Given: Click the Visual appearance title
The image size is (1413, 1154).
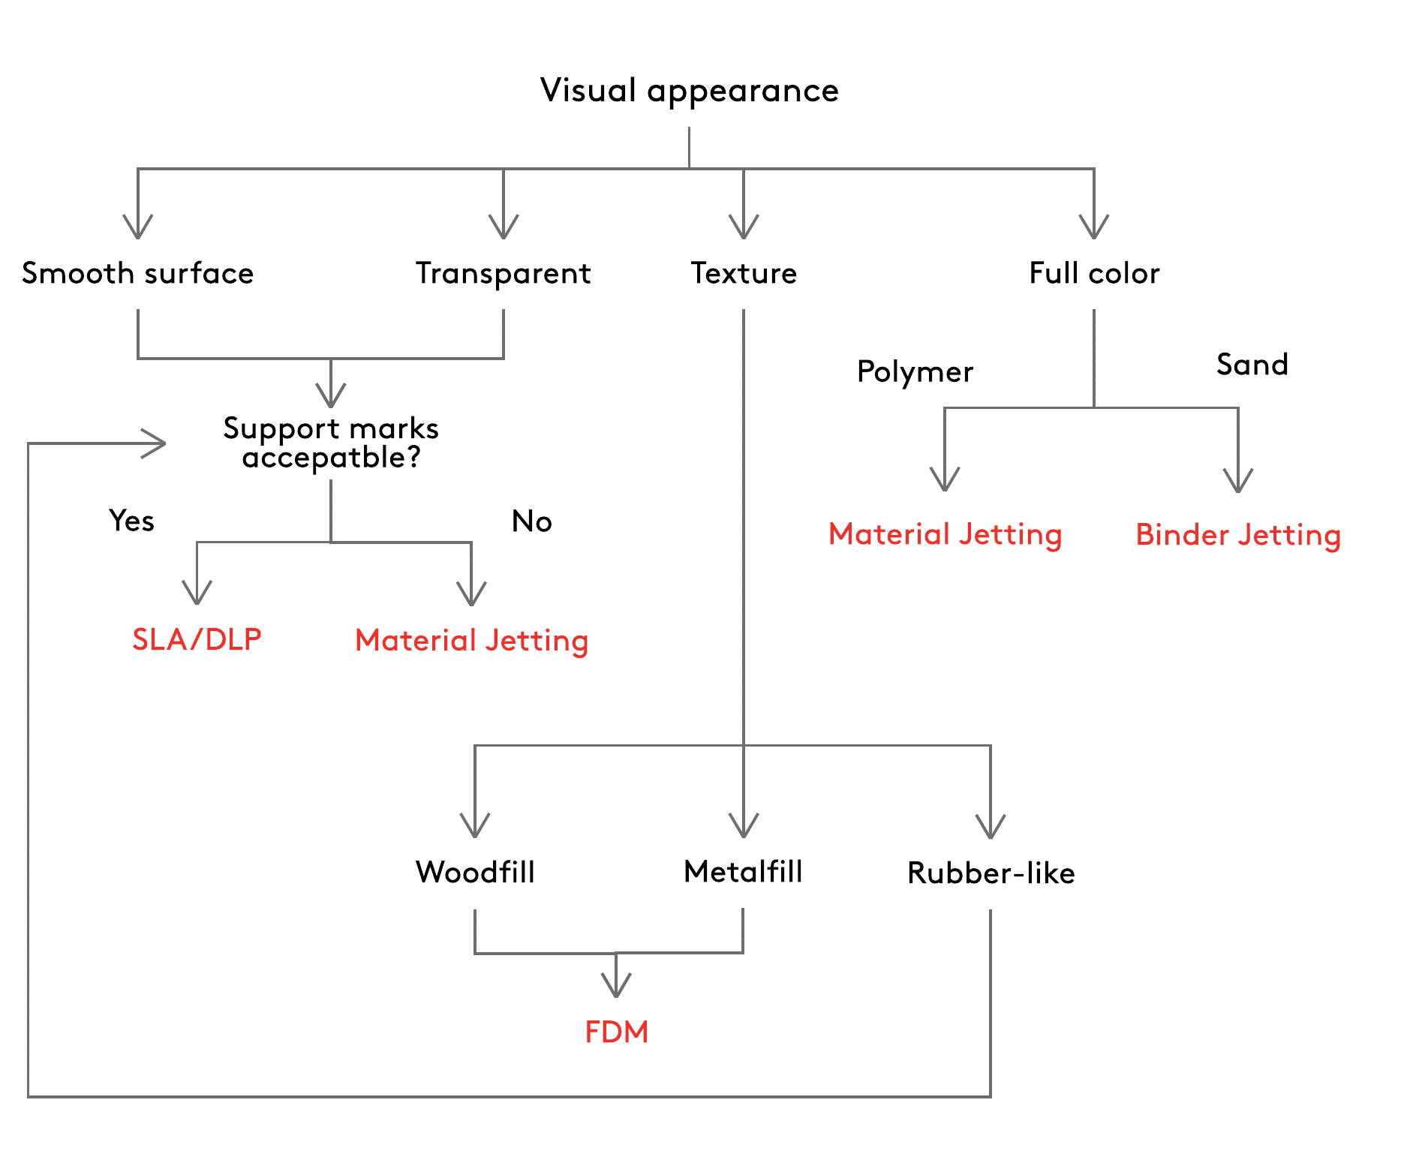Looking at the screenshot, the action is click(x=689, y=92).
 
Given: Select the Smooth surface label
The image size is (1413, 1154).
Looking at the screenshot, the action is click(x=138, y=273).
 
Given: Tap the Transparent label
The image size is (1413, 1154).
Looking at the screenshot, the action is click(x=504, y=274).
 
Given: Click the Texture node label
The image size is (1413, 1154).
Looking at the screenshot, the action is click(x=744, y=273).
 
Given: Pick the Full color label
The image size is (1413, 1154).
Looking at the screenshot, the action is click(x=1094, y=273).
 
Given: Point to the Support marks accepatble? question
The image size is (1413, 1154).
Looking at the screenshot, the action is click(x=331, y=443).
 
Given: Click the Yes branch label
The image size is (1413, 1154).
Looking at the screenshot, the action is click(x=131, y=520).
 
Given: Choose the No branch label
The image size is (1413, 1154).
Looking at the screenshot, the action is click(x=532, y=521).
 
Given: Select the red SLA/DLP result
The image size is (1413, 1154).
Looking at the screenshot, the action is click(x=197, y=639).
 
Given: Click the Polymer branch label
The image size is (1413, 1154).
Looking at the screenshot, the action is click(x=915, y=372).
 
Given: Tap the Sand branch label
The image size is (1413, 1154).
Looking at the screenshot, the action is click(x=1252, y=365).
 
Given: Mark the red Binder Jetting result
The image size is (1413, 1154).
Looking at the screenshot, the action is click(x=1238, y=536).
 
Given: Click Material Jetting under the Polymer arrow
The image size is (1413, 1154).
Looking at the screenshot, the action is click(x=945, y=535).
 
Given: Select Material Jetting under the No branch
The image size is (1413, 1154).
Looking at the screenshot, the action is click(x=471, y=642).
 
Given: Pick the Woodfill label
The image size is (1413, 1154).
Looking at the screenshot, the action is click(x=475, y=872).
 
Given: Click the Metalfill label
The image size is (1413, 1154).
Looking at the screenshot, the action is click(x=743, y=871).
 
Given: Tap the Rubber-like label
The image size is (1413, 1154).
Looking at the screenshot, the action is click(x=991, y=873).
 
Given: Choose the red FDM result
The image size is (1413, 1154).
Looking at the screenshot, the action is click(x=616, y=1032).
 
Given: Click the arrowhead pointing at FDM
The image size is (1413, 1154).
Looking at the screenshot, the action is click(x=616, y=986).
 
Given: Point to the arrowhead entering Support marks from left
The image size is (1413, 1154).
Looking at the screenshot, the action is click(x=155, y=443).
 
